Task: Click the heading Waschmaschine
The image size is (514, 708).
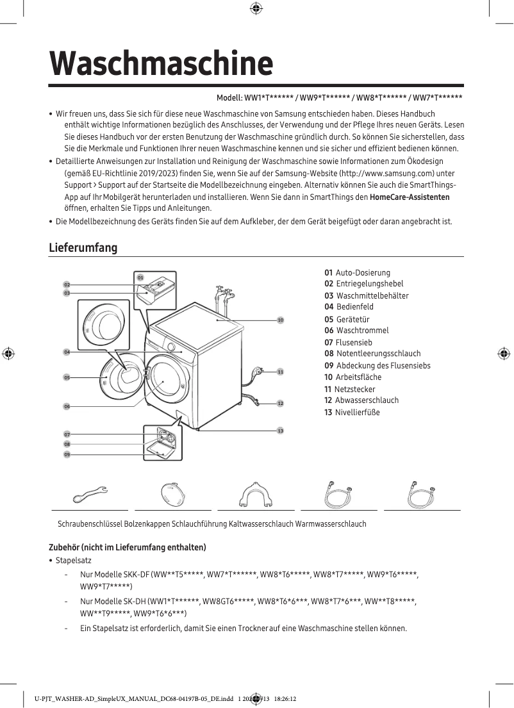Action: (x=161, y=63)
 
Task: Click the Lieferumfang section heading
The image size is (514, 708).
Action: (x=83, y=248)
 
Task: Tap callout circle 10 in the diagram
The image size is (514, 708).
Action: (x=280, y=319)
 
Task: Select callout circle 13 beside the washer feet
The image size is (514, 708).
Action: (x=280, y=431)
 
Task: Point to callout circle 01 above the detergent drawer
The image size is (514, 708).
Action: (x=140, y=277)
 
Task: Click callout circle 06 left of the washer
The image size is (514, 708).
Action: (x=67, y=406)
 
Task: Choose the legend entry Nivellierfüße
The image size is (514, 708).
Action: (x=357, y=412)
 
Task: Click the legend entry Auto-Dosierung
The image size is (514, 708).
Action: (x=362, y=273)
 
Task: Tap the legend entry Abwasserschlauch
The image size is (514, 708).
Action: (x=366, y=400)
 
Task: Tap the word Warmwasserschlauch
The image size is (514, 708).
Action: (x=331, y=524)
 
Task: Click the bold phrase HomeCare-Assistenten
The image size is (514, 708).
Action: (x=410, y=197)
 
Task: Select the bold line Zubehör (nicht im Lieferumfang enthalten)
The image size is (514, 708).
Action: (x=128, y=547)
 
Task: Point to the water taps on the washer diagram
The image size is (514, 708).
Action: (x=224, y=297)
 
